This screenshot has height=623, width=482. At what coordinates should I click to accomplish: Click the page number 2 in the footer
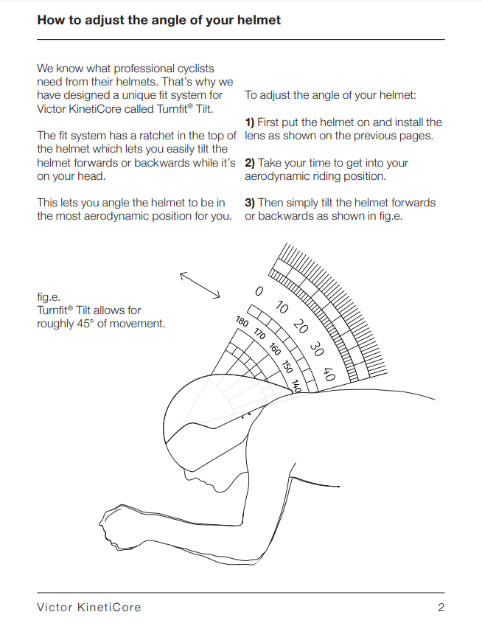coord(441,608)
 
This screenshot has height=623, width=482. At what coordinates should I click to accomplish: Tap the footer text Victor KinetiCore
coord(88,608)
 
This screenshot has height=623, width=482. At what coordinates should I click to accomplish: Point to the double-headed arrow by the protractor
coord(200,285)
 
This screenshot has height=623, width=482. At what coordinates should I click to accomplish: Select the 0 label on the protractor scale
coord(259,292)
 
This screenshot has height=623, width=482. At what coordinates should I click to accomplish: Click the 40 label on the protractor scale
coord(328,375)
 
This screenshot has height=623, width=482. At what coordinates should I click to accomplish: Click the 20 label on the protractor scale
coord(300,327)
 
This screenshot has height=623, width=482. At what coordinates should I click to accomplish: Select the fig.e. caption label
coord(49,298)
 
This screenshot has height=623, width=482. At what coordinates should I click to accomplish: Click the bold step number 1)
coord(250,122)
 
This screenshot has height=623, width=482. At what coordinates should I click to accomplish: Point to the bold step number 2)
coord(250,163)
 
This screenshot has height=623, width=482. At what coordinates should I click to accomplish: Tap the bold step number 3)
coord(250,203)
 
